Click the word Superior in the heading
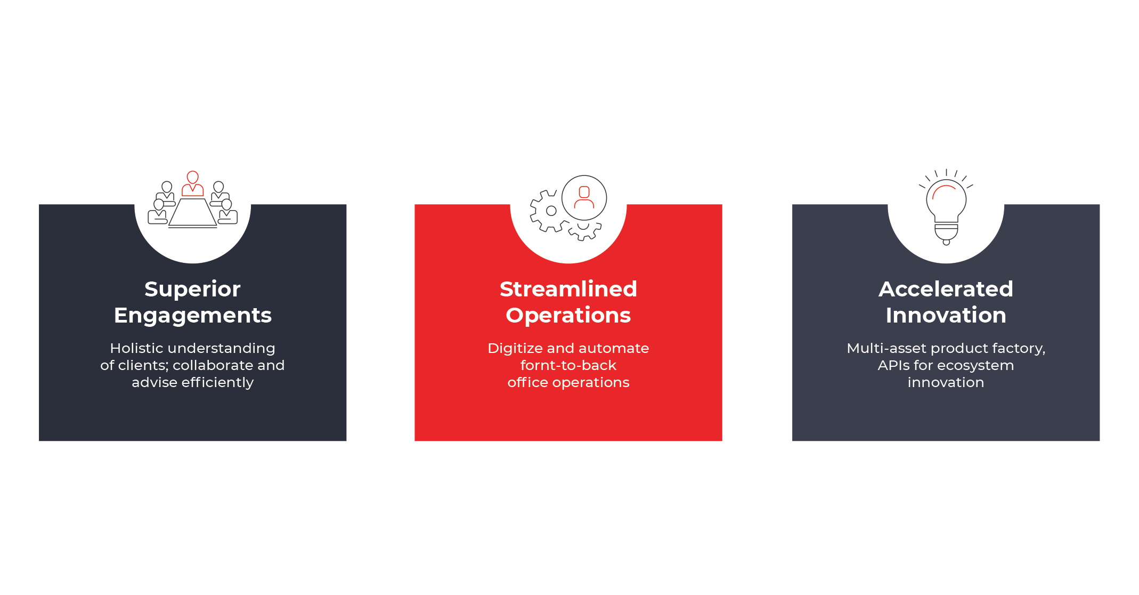point(192,290)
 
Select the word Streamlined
point(568,289)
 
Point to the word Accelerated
point(946,289)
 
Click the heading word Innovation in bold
point(946,315)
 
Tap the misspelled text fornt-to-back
point(568,365)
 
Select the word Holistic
point(134,348)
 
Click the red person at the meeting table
point(192,183)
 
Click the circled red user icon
point(584,198)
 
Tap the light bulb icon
point(946,207)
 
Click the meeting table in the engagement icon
point(192,213)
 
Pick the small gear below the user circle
point(584,230)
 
